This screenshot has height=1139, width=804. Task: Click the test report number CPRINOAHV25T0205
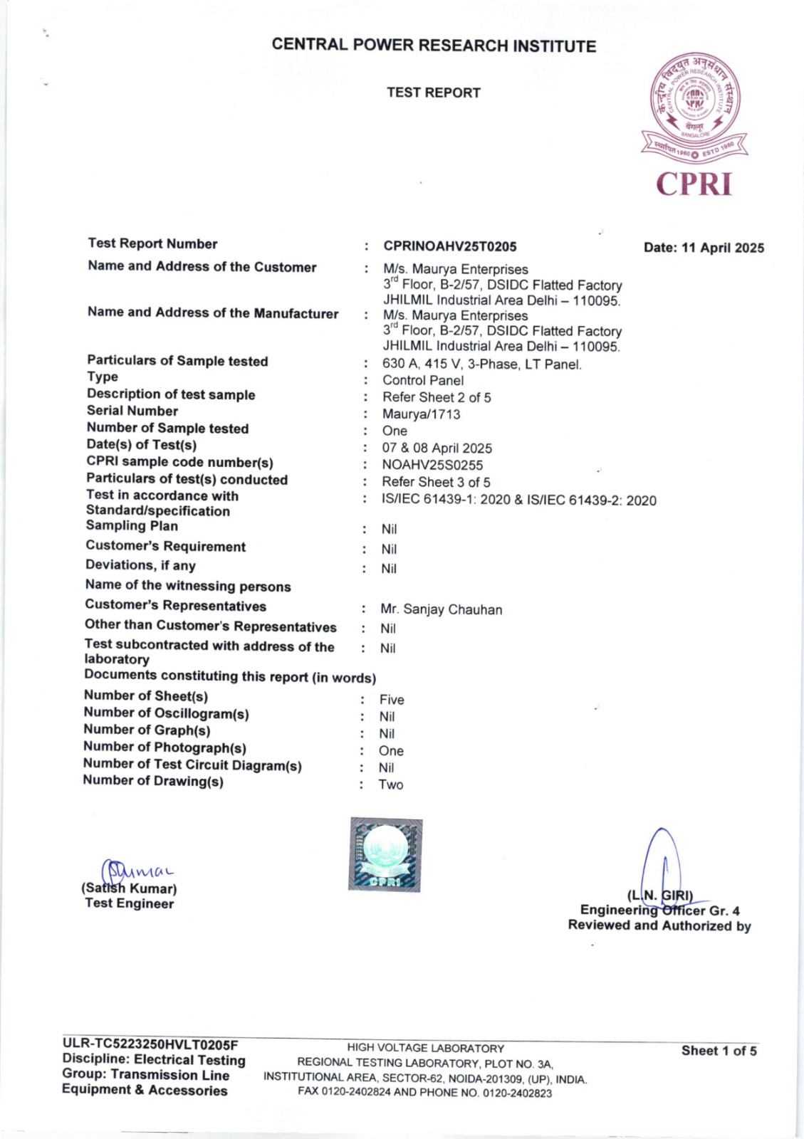coord(450,246)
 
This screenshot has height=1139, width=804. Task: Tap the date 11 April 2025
coord(704,248)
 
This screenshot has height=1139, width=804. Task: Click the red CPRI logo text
coord(694,184)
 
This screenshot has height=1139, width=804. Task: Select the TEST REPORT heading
coord(434,93)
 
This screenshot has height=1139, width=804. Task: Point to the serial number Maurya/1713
coord(422,414)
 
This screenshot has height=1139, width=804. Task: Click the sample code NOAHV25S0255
coord(432,465)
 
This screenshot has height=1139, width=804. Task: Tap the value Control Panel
coord(423,380)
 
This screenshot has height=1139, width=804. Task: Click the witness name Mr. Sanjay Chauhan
coord(442,609)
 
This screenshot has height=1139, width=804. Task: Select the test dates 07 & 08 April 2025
coord(437,448)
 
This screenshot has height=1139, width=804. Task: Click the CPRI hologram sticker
coord(385,854)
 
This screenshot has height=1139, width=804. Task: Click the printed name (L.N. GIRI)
coord(660,895)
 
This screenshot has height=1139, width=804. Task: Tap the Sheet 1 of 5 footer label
coord(719,1051)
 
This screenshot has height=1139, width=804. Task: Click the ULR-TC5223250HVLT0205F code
coord(150,1044)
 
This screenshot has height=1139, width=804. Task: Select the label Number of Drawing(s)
coord(153,781)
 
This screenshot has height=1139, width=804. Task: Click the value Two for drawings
coord(391,784)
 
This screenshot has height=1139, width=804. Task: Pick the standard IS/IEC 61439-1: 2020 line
coord(519,500)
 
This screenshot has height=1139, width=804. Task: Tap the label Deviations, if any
coord(140,565)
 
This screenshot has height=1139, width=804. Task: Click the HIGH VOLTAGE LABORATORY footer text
coord(426,1048)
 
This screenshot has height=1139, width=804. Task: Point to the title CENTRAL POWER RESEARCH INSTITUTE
coord(434,46)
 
